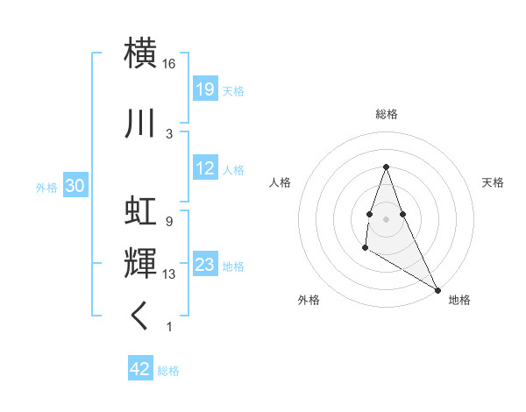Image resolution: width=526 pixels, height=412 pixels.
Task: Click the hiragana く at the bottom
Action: click(x=140, y=316)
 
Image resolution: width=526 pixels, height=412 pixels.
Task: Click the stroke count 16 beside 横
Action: click(x=169, y=65)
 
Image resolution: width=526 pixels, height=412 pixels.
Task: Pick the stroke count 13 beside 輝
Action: click(x=169, y=274)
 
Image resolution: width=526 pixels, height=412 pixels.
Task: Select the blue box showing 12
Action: click(x=204, y=168)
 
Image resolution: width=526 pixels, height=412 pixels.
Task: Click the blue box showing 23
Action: click(x=204, y=265)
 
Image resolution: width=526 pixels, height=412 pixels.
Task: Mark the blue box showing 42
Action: click(x=139, y=369)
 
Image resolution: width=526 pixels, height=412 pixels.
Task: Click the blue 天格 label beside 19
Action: click(x=233, y=91)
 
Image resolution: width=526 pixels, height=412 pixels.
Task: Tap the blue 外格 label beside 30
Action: click(x=46, y=188)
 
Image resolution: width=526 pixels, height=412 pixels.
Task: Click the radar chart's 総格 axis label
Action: click(x=387, y=114)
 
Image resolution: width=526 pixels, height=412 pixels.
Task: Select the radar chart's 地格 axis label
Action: click(x=459, y=300)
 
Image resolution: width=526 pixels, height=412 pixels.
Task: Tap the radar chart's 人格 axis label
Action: click(x=280, y=182)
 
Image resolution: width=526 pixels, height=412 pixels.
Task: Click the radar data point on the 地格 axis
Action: click(x=438, y=289)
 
